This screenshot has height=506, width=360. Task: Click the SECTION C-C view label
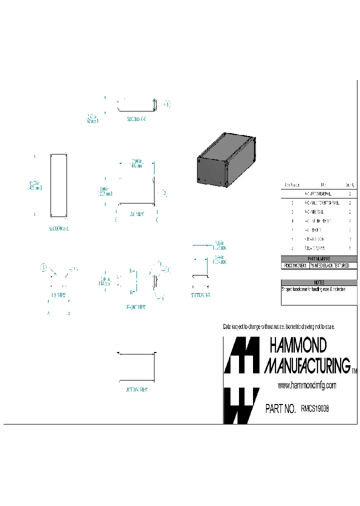pos(136,119)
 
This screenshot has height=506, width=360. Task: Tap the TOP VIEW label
pos(136,213)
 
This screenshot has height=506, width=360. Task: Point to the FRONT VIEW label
pos(136,307)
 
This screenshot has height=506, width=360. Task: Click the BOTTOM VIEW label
pos(136,389)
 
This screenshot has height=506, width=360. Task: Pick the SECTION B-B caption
pos(201,295)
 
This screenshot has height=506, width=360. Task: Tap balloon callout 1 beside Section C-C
pos(167,104)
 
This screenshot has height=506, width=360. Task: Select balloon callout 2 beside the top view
pos(164,192)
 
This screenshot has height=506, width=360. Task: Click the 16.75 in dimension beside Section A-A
pos(35,185)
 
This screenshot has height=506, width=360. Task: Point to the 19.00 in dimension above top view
pos(135,163)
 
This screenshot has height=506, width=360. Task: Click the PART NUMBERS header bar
pos(319,258)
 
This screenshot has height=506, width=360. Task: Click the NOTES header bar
pos(319,282)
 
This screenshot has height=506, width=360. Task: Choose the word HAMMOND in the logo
pos(298,345)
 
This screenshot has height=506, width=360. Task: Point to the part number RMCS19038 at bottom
pos(315,408)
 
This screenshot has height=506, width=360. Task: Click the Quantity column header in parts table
pos(349,184)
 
